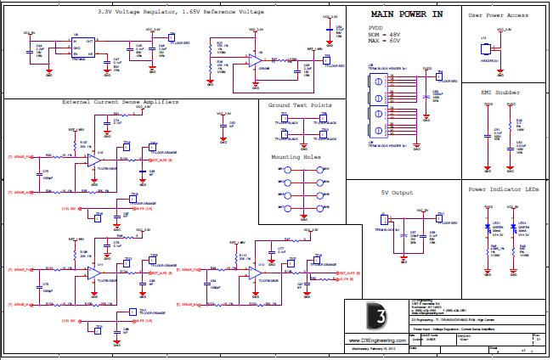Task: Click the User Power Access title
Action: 503,15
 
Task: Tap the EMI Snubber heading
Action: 502,91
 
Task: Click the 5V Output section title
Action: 397,193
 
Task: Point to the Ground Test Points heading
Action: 301,105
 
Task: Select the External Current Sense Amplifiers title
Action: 121,102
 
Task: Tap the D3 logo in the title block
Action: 375,315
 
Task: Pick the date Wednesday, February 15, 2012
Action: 375,349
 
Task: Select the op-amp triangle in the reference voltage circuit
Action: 252,60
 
